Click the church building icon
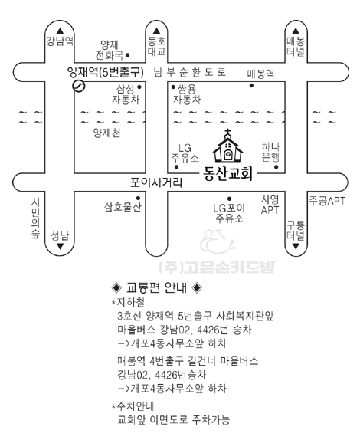[x=228, y=146]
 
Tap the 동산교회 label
[x=228, y=174]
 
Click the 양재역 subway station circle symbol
[x=79, y=86]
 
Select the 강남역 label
[x=60, y=41]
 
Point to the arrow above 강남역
[x=60, y=31]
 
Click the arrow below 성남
[x=60, y=246]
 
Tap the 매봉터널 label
[x=296, y=47]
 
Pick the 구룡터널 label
[x=296, y=231]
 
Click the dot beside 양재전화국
[x=128, y=55]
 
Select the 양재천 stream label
[x=106, y=133]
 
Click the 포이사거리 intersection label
[x=156, y=182]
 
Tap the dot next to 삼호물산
[x=138, y=198]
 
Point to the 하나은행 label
[x=270, y=152]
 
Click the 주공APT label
[x=327, y=201]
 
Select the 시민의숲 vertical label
[x=35, y=218]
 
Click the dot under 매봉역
[x=251, y=86]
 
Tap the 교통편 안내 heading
[x=157, y=287]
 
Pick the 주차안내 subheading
[x=133, y=406]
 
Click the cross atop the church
[x=228, y=132]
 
